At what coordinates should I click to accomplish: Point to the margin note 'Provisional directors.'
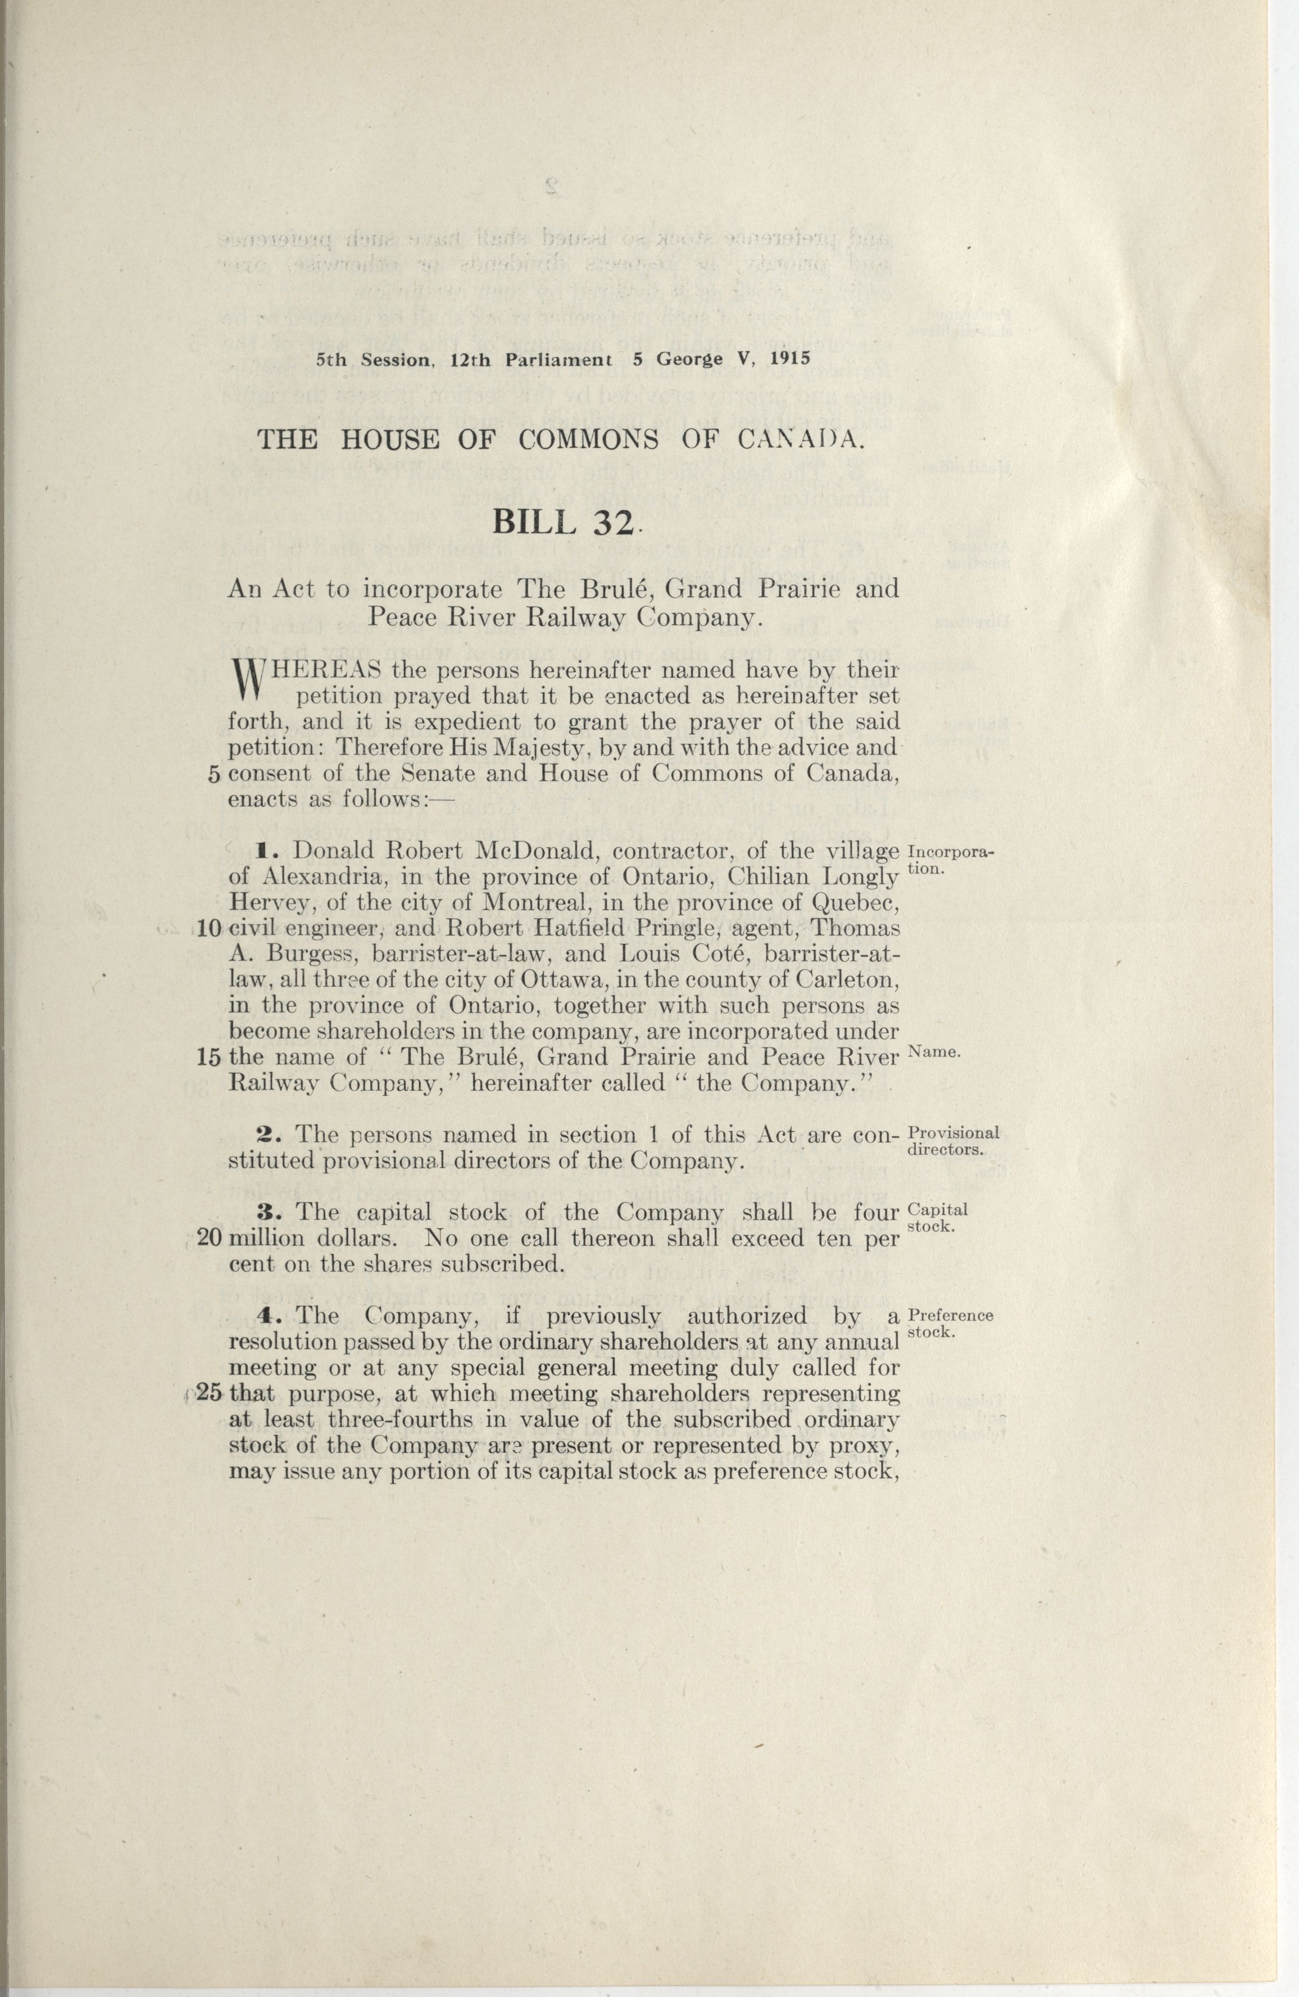[952, 1140]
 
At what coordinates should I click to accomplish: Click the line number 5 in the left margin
[213, 774]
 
